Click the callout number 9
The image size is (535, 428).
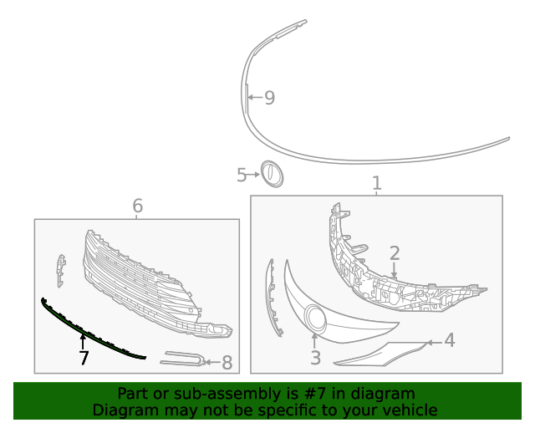click(269, 98)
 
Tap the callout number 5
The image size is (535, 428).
click(242, 175)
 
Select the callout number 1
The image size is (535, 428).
click(376, 183)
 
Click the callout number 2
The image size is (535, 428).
click(395, 252)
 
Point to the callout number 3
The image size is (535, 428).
click(315, 358)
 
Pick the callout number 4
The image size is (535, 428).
click(450, 340)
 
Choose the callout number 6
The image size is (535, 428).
click(137, 206)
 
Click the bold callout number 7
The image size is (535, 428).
click(83, 358)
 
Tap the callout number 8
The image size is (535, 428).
click(227, 363)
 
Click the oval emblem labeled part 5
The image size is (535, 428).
click(272, 174)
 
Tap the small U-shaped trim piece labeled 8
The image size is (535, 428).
click(184, 359)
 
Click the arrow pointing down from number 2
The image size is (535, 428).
click(395, 270)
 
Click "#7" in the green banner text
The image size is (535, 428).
click(298, 394)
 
